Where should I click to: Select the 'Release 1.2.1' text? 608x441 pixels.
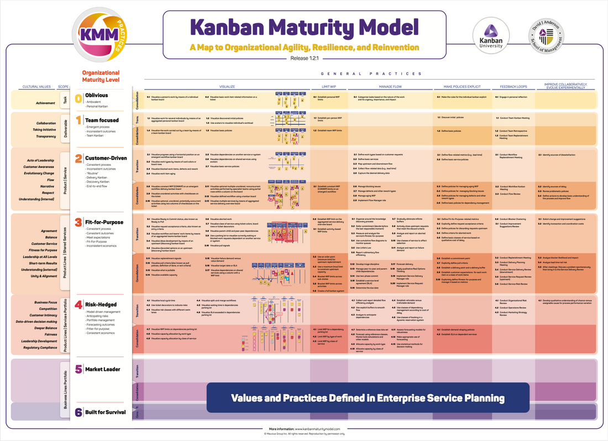pos(303,58)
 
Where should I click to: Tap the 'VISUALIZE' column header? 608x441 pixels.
pos(227,87)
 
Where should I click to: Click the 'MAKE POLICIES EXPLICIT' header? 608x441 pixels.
pos(457,87)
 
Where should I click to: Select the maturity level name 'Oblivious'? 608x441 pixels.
pos(97,96)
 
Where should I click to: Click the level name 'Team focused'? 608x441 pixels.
pos(102,119)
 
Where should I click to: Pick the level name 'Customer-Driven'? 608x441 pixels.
pos(106,158)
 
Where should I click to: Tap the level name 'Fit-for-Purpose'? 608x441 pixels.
pos(104,222)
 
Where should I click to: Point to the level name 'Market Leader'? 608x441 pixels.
pos(102,369)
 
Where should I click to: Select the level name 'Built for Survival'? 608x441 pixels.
pos(105,412)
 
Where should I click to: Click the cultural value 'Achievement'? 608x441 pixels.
pos(45,103)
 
